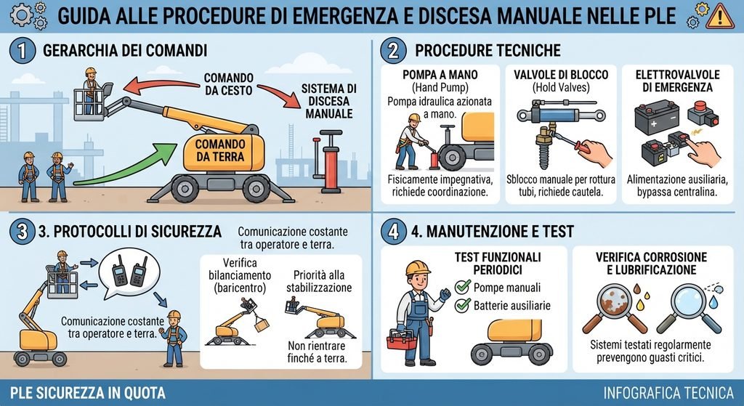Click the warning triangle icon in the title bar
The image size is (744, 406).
[x=720, y=16]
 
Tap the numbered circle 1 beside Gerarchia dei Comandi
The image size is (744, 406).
[x=23, y=51]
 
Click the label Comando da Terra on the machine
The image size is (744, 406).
[x=219, y=150]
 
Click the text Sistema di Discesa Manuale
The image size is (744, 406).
[x=329, y=101]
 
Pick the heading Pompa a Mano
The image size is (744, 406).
[x=440, y=75]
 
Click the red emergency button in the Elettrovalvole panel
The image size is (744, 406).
[x=703, y=113]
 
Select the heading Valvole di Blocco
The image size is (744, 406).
[x=561, y=75]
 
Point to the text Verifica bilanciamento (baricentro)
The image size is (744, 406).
[x=240, y=275]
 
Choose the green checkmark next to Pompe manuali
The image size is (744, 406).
[x=463, y=287]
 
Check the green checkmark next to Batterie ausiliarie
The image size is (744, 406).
[x=463, y=305]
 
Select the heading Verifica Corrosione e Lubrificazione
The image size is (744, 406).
[x=652, y=263]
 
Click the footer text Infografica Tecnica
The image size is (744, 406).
[x=668, y=393]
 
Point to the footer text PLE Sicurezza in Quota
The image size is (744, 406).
[x=88, y=393]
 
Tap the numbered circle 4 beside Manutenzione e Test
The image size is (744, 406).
[x=393, y=232]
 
